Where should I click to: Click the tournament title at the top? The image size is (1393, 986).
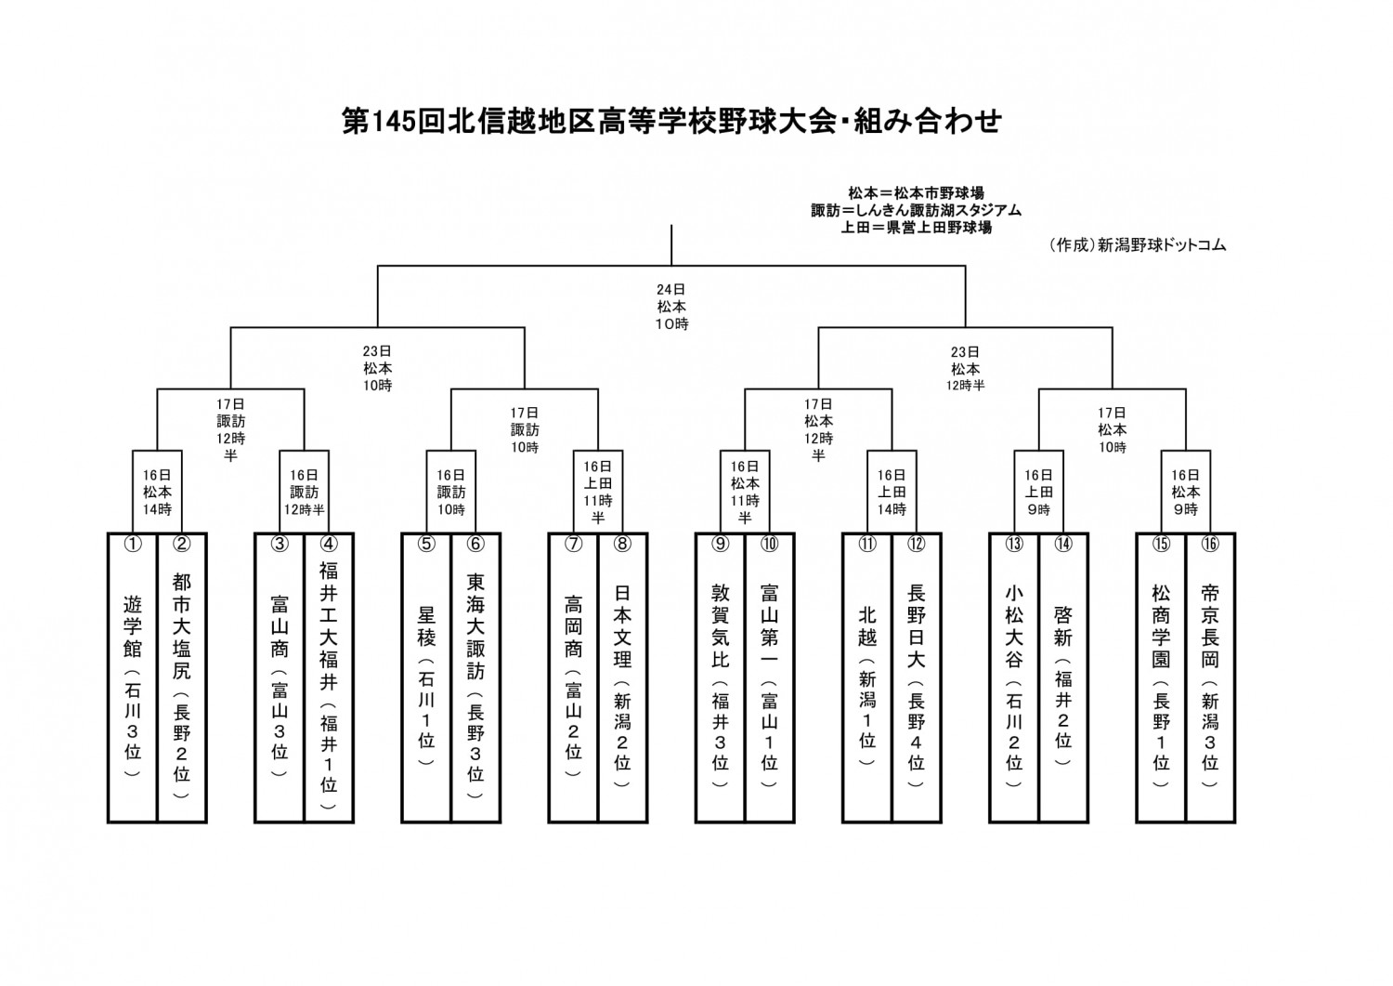click(671, 122)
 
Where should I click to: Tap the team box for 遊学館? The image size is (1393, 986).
click(133, 677)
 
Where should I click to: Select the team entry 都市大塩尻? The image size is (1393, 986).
click(182, 677)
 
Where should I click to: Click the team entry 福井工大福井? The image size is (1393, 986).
click(329, 677)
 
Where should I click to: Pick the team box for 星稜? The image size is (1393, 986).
click(426, 677)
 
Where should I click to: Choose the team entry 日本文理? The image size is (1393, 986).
click(622, 677)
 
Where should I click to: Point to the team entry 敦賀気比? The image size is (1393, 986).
click(720, 677)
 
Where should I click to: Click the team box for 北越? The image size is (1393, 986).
click(867, 677)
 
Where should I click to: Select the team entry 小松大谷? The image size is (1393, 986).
click(1014, 677)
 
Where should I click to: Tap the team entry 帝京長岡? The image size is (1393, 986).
click(1210, 677)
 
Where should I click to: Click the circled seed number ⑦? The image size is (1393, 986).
click(573, 544)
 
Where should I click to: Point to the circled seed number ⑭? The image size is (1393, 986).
click(1063, 544)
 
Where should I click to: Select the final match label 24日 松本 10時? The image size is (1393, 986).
click(671, 307)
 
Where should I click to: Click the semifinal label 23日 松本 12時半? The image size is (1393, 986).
click(965, 369)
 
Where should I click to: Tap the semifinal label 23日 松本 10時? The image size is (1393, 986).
click(377, 369)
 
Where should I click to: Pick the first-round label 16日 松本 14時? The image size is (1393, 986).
click(157, 493)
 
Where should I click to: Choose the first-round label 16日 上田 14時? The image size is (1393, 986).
click(892, 493)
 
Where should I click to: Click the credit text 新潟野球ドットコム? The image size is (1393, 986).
click(1162, 246)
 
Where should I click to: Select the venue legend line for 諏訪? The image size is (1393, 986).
click(916, 210)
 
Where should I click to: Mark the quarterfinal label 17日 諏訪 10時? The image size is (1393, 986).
click(525, 430)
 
